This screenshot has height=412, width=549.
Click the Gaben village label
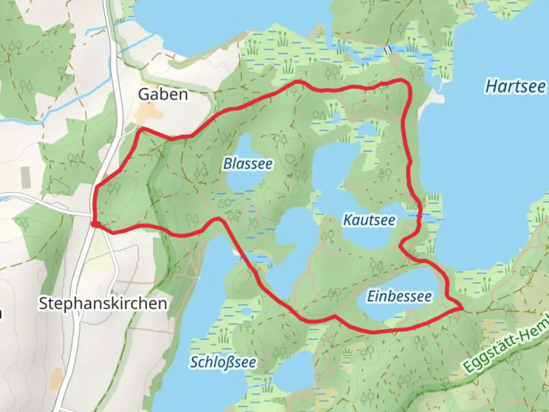(x=163, y=94)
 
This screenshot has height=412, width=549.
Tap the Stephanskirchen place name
(x=103, y=304)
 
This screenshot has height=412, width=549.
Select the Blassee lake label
(x=248, y=164)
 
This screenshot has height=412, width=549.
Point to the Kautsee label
(x=369, y=220)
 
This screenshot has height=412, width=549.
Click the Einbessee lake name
(x=400, y=296)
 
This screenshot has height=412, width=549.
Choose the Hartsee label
(x=515, y=87)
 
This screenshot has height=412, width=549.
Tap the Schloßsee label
(x=223, y=362)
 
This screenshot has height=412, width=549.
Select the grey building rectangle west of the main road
(x=26, y=177)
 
